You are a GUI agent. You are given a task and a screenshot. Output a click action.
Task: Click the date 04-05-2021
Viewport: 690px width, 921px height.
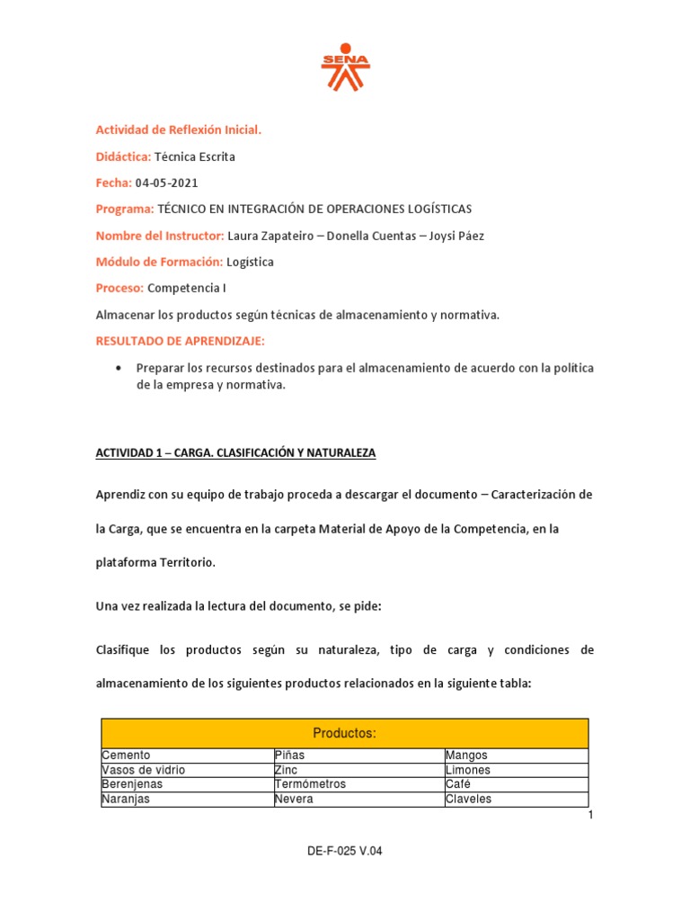166,183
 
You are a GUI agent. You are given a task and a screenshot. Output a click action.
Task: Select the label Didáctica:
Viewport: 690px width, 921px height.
123,156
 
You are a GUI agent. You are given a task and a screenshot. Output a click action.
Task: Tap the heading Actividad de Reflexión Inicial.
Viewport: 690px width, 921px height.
179,130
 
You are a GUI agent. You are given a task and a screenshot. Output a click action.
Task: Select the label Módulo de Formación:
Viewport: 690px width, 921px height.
159,262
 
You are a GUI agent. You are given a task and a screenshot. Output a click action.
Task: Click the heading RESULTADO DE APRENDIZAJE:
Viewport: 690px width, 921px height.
181,341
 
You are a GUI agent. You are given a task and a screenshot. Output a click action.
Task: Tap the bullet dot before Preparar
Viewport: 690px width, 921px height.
119,368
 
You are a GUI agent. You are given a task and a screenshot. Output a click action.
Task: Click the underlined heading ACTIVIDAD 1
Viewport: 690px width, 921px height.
235,453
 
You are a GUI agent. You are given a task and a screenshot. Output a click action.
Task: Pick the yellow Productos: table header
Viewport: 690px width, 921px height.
345,734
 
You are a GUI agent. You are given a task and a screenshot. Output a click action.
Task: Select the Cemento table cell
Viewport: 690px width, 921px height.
127,756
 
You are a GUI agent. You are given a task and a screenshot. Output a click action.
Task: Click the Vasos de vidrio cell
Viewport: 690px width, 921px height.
143,771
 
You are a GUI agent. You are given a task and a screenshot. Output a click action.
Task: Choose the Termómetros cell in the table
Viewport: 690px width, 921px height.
310,784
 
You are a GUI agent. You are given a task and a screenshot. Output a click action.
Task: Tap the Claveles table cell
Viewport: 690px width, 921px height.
469,799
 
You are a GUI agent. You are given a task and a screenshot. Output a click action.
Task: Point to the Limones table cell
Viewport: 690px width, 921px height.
468,771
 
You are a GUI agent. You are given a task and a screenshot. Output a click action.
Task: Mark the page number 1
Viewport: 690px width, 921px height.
591,815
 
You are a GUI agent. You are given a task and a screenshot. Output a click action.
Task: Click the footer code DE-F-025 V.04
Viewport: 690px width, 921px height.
345,851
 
